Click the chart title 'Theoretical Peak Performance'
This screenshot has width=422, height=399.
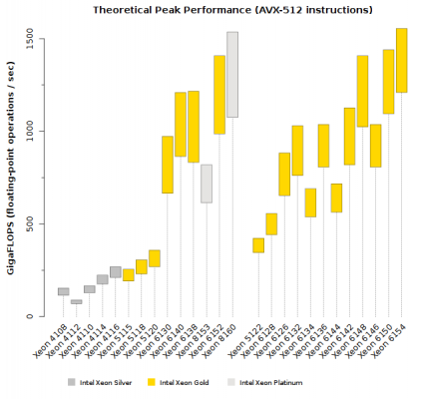pyautogui.click(x=231, y=10)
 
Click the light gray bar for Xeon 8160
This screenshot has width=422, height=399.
pyautogui.click(x=231, y=75)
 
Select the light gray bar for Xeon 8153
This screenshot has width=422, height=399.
pyautogui.click(x=206, y=184)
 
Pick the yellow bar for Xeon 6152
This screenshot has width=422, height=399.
pyautogui.click(x=218, y=95)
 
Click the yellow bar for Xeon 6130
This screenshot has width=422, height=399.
pyautogui.click(x=167, y=165)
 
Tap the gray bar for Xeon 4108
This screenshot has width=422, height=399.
pyautogui.click(x=63, y=291)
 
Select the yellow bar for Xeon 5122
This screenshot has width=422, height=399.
pyautogui.click(x=257, y=245)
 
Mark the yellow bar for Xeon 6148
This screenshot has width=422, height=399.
pyautogui.click(x=362, y=91)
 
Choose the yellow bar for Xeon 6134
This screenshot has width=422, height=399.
pyautogui.click(x=309, y=202)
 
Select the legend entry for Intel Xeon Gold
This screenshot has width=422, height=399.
pyautogui.click(x=174, y=381)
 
